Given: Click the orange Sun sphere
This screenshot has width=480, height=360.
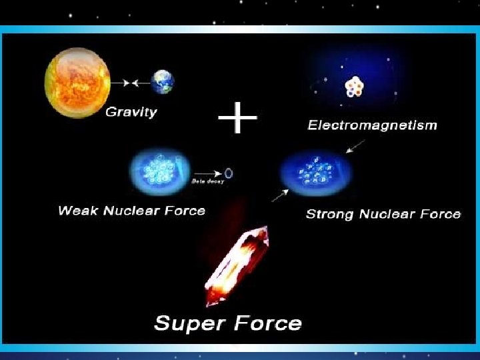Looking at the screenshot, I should pyautogui.click(x=77, y=84).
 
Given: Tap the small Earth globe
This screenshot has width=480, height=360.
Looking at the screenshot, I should pyautogui.click(x=162, y=82).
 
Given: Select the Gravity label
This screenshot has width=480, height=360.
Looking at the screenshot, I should pyautogui.click(x=131, y=112).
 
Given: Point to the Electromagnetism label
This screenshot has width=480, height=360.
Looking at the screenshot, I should pyautogui.click(x=372, y=125).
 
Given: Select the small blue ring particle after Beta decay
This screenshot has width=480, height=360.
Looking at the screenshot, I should pyautogui.click(x=229, y=173).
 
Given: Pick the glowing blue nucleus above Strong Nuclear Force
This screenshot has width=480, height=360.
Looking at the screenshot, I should pyautogui.click(x=317, y=173).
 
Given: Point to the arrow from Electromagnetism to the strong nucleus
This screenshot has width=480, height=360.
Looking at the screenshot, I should pyautogui.click(x=355, y=145).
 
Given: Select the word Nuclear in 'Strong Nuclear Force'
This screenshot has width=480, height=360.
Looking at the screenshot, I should pyautogui.click(x=392, y=214).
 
